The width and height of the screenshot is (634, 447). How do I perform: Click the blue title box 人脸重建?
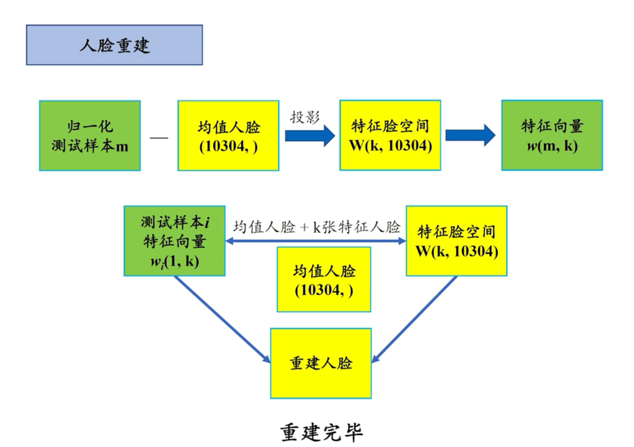(114, 45)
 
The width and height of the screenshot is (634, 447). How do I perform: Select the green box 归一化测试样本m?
(90, 136)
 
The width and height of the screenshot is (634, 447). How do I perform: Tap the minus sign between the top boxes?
(159, 137)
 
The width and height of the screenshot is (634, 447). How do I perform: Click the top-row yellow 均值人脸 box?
(228, 136)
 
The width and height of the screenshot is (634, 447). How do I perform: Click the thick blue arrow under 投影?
(310, 136)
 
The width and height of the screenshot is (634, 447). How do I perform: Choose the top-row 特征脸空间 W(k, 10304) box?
(390, 135)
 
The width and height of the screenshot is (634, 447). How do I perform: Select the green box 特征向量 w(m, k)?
(552, 135)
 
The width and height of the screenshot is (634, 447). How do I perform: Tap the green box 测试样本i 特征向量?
(175, 241)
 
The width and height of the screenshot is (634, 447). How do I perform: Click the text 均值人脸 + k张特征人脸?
(317, 227)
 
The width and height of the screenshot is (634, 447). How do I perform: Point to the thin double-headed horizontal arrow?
(315, 241)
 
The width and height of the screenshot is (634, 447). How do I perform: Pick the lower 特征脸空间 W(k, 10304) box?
(457, 241)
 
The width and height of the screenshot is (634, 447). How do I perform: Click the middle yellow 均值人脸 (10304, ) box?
(324, 279)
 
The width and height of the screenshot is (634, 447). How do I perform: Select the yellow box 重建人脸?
(321, 363)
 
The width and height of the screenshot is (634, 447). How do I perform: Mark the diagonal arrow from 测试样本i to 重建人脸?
(221, 319)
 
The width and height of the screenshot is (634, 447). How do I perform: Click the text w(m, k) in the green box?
(552, 146)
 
